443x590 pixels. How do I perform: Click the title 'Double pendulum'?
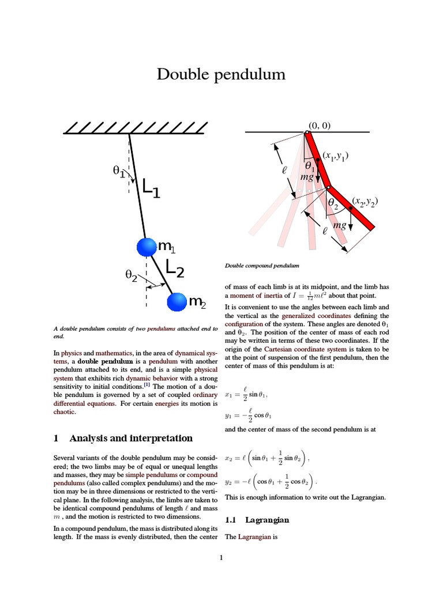pyautogui.click(x=221, y=74)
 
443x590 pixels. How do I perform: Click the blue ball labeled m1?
pyautogui.click(x=147, y=247)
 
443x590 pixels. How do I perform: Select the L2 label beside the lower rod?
pyautogui.click(x=175, y=268)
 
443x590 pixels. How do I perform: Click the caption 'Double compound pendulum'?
pyautogui.click(x=262, y=266)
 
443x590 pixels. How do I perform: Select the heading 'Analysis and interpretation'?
pyautogui.click(x=130, y=438)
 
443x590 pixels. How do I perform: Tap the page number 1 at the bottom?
pyautogui.click(x=221, y=557)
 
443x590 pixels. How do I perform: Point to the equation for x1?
pyautogui.click(x=246, y=395)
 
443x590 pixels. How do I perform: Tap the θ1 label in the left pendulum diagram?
pyautogui.click(x=119, y=171)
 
